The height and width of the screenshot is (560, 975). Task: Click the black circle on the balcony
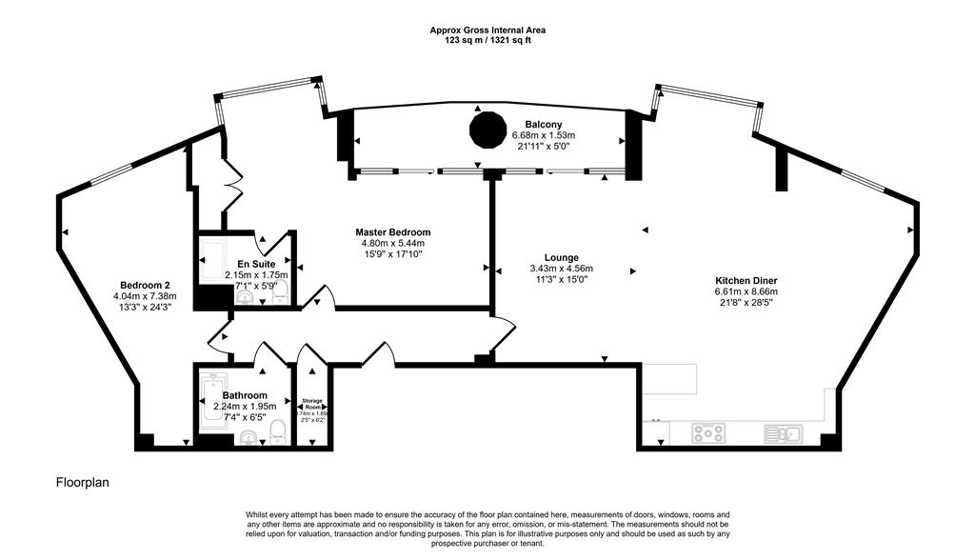pos(487,130)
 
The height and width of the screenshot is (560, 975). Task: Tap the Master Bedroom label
pos(392,232)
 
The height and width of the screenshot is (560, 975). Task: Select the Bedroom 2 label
pos(145,285)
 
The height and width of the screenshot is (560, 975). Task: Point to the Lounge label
pos(561,257)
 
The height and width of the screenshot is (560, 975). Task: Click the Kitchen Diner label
pos(746,280)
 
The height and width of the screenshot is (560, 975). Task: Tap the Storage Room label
pos(313,404)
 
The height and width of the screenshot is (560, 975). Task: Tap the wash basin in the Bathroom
pos(248,437)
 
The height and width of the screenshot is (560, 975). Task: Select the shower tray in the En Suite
pos(211,258)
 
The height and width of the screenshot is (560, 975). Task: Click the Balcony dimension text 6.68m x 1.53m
pos(543,135)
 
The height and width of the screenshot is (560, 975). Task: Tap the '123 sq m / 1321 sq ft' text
pos(487,41)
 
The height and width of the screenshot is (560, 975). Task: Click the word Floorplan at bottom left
pos(83,483)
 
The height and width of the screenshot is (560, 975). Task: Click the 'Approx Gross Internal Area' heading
pos(487,30)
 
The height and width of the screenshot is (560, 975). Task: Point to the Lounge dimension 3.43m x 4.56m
pos(561,269)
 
